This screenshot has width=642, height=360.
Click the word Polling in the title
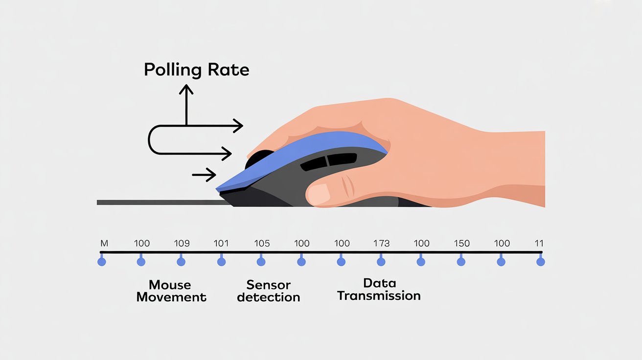click(x=173, y=70)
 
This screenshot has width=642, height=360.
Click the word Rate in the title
click(x=229, y=69)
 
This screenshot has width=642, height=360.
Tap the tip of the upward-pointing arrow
click(x=186, y=85)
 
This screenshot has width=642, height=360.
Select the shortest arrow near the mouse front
click(x=204, y=175)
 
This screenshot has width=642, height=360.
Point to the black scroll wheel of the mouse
click(x=258, y=158)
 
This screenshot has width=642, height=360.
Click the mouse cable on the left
click(x=163, y=202)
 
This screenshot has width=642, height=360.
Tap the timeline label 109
click(x=182, y=244)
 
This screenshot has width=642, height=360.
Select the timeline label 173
click(x=381, y=244)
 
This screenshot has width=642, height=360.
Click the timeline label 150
click(x=462, y=244)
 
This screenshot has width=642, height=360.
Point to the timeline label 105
click(x=262, y=244)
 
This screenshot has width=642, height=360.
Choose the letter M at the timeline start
click(x=104, y=244)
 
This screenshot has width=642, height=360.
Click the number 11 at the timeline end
click(x=539, y=244)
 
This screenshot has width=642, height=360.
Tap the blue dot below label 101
click(x=221, y=262)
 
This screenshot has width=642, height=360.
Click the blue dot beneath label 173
click(x=381, y=262)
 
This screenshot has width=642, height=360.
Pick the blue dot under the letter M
click(x=102, y=262)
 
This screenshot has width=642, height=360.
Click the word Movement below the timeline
click(x=171, y=297)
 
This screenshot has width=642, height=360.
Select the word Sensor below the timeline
click(x=269, y=285)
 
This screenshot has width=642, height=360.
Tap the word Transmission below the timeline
click(x=379, y=295)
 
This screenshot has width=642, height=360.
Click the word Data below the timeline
click(x=380, y=283)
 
